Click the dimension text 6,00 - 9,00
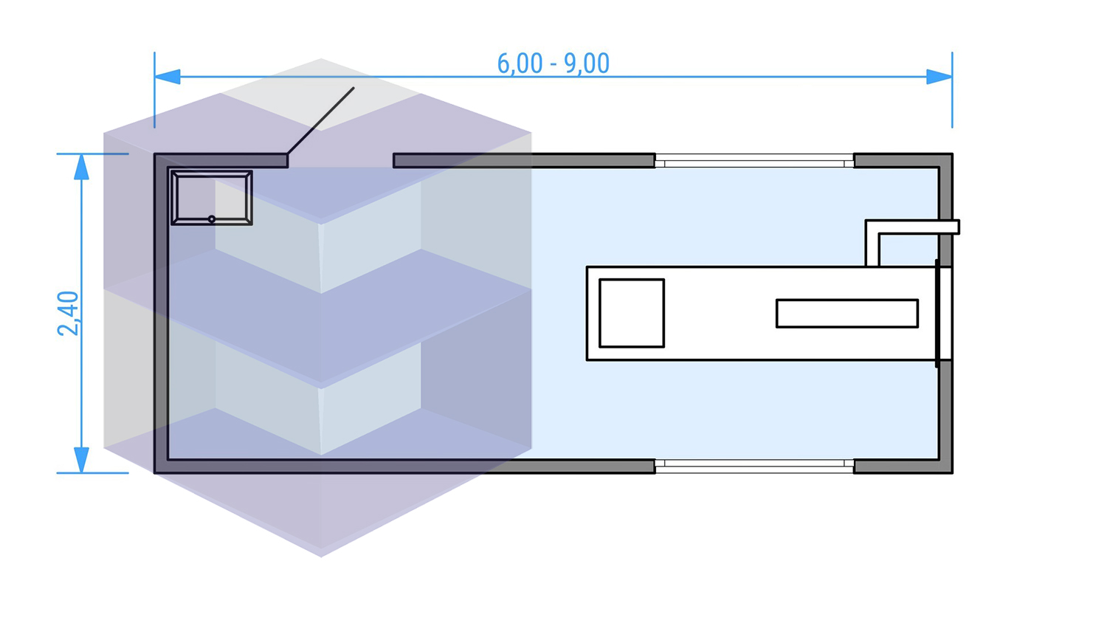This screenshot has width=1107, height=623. (553, 63)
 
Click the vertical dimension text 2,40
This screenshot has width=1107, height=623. (68, 313)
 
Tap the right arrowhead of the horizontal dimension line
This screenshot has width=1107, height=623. (939, 77)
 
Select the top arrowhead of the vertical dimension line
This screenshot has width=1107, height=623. (81, 168)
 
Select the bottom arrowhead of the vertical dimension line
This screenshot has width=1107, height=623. (81, 459)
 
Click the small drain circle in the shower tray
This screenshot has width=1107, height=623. (212, 219)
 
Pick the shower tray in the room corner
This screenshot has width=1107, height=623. (212, 197)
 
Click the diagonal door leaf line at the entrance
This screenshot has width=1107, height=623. (320, 121)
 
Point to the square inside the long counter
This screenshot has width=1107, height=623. (632, 313)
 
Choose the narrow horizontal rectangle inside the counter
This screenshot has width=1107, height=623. (846, 313)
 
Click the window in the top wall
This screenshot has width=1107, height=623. (754, 160)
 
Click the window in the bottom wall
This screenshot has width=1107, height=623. (754, 466)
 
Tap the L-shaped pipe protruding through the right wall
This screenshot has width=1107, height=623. (912, 227)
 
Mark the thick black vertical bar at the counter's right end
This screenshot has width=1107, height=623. (937, 313)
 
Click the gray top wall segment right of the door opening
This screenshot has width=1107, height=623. (524, 160)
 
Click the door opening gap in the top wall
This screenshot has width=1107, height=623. (340, 160)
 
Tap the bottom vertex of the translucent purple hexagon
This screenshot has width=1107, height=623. (321, 556)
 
